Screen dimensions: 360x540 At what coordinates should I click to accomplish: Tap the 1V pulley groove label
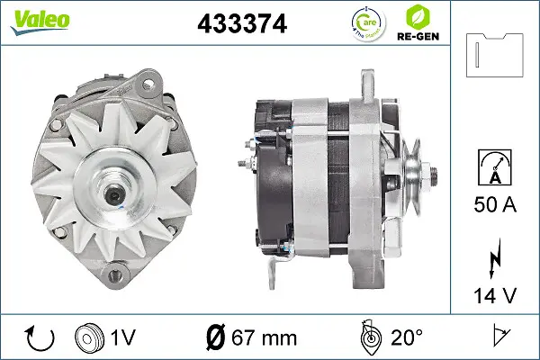(122, 337)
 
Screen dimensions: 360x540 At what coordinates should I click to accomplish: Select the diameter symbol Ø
(215, 337)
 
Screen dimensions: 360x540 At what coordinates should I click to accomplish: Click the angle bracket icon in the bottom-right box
(496, 337)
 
